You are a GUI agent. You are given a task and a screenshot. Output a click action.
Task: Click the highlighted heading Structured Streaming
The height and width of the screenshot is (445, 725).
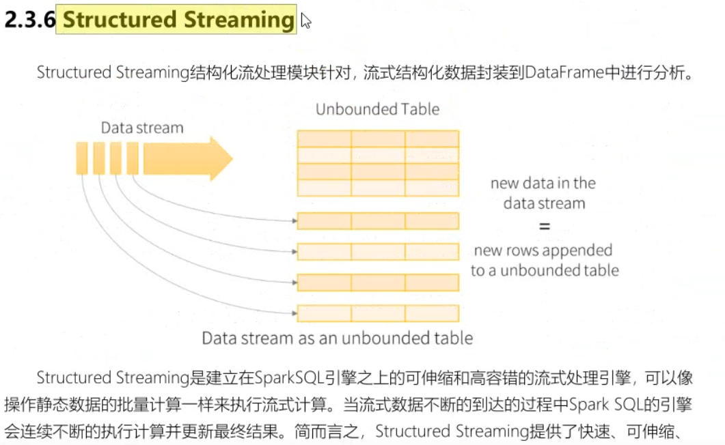click(178, 19)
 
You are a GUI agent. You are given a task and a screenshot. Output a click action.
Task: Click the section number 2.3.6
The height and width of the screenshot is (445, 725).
click(29, 20)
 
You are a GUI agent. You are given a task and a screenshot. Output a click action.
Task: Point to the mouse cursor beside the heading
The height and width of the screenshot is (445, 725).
click(305, 21)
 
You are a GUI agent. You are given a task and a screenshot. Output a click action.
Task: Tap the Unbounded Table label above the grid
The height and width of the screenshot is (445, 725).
click(377, 109)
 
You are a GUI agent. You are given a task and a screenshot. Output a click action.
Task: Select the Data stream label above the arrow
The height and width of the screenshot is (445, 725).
click(142, 128)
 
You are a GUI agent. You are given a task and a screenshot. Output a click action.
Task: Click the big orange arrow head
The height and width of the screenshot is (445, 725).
click(220, 158)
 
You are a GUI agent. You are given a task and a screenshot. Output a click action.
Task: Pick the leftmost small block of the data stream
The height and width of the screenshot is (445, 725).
click(82, 158)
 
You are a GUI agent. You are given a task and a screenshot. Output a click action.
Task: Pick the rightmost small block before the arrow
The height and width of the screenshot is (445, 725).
click(133, 158)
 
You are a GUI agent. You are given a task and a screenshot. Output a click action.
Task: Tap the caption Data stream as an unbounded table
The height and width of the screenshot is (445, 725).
click(337, 338)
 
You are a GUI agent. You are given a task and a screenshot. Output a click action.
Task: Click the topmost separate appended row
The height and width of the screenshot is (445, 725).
click(378, 221)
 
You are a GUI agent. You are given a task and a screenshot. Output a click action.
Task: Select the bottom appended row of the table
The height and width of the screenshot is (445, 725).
click(378, 313)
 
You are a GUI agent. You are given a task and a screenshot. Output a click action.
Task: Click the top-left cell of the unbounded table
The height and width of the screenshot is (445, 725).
click(325, 139)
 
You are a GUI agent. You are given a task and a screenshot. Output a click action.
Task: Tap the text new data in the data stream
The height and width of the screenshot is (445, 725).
click(544, 193)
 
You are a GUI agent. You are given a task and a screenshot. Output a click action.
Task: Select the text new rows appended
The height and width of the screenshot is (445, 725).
click(543, 250)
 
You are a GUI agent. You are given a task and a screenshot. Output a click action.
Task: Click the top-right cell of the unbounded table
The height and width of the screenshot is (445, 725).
click(432, 139)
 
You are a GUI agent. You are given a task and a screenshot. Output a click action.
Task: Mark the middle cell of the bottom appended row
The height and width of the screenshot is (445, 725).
click(378, 313)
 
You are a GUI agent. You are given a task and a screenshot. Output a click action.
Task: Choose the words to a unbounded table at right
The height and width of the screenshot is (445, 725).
click(544, 270)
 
